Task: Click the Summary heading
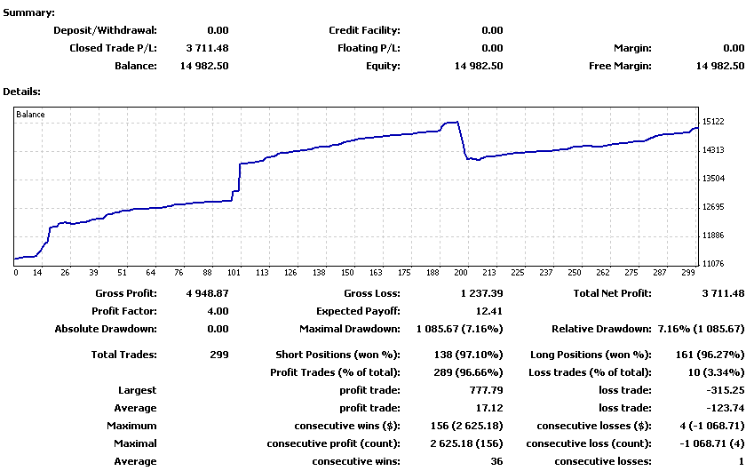click(28, 12)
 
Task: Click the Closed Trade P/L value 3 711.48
click(207, 48)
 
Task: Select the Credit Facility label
click(364, 30)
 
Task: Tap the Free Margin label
click(620, 66)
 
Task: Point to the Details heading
click(22, 91)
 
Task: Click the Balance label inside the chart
click(30, 115)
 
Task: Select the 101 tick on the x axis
click(234, 274)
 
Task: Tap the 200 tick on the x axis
click(460, 274)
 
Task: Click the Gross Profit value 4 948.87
click(207, 293)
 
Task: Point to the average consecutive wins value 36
click(496, 461)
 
